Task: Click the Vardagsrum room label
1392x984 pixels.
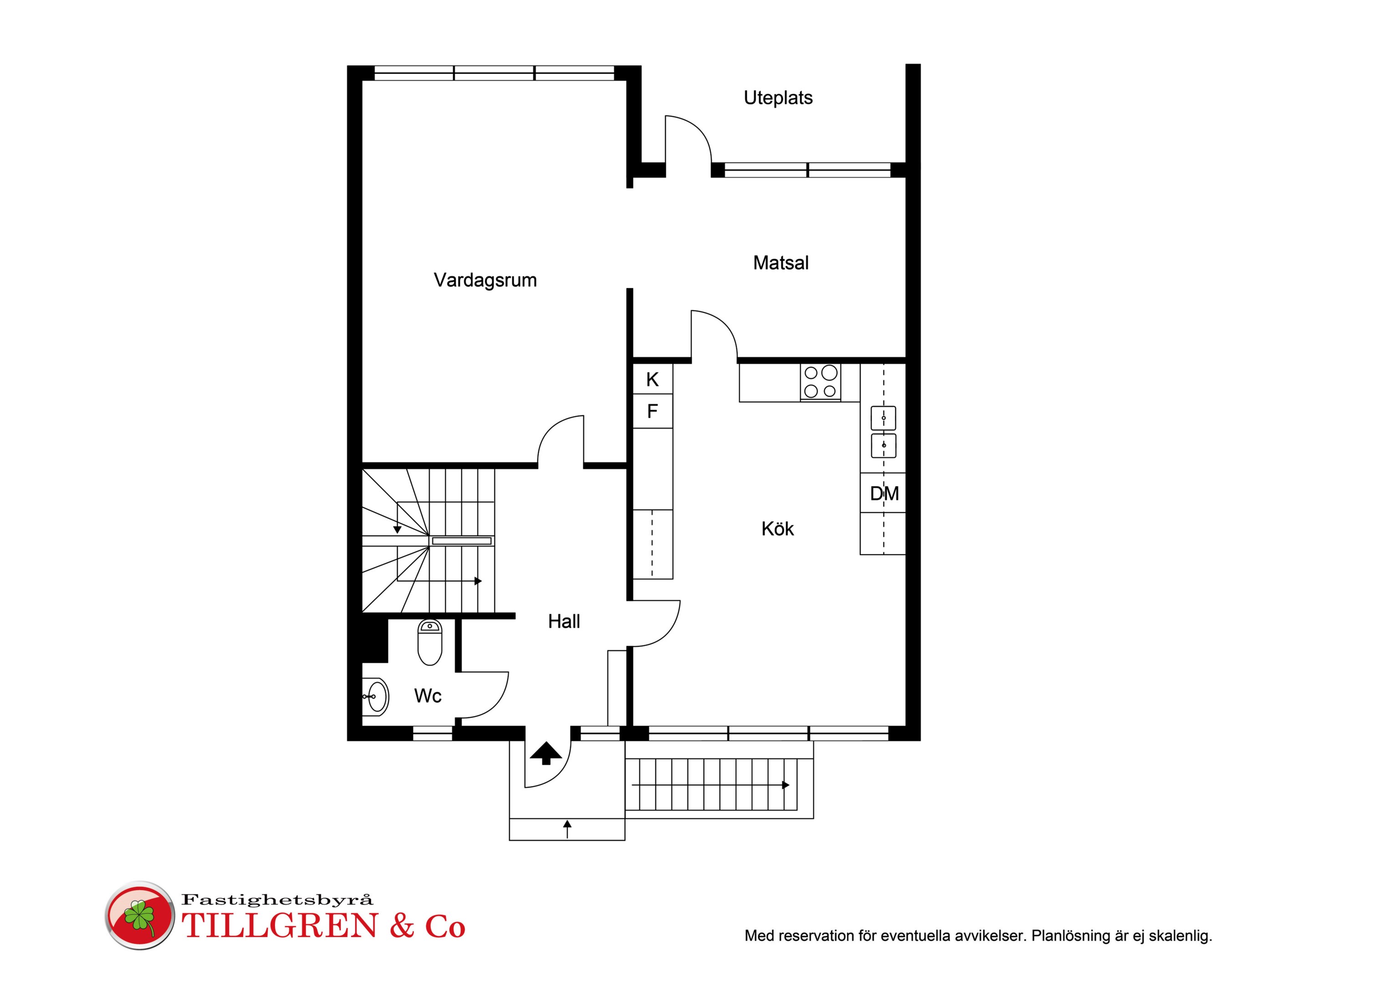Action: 485,280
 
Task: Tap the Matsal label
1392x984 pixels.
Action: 781,263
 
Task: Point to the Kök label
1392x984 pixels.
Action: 777,528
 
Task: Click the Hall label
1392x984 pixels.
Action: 564,621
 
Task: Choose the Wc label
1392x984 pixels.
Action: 428,696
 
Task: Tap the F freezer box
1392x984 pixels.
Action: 653,411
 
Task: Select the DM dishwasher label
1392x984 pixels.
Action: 884,494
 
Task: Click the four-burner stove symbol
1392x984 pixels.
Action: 820,382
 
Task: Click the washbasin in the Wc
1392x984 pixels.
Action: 375,696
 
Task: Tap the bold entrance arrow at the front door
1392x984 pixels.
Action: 546,753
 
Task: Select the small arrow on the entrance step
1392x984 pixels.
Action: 567,829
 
